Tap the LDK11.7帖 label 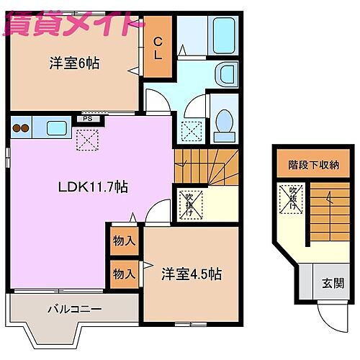[x=93, y=187]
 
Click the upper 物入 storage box [x=124, y=241]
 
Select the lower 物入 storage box [x=124, y=273]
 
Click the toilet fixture [x=225, y=124]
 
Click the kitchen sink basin [x=55, y=128]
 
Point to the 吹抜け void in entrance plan [x=294, y=197]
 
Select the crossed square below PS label [x=87, y=139]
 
